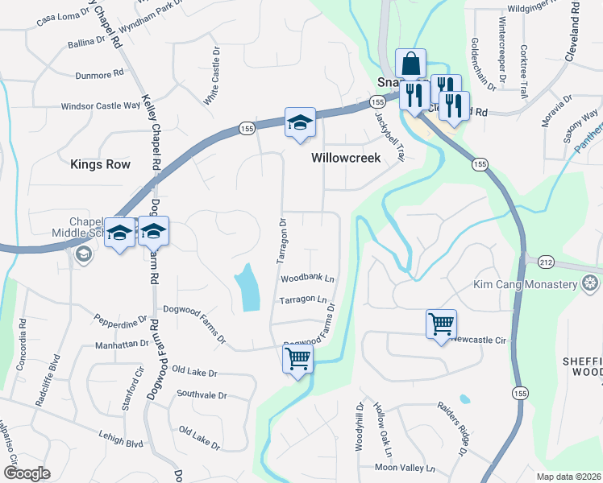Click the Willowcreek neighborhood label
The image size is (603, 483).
pyautogui.click(x=346, y=159)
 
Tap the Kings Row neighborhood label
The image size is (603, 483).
pyautogui.click(x=100, y=164)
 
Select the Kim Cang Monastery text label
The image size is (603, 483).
pyautogui.click(x=526, y=285)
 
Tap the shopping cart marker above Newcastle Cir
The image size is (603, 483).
pyautogui.click(x=441, y=324)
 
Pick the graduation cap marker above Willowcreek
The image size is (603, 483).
pyautogui.click(x=299, y=123)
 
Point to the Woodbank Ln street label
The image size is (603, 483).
pyautogui.click(x=307, y=278)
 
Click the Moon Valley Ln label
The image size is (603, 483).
pyautogui.click(x=405, y=468)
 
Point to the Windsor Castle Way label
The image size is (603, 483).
pyautogui.click(x=101, y=105)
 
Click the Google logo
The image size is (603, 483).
pyautogui.click(x=27, y=473)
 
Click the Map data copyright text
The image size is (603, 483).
pyautogui.click(x=569, y=477)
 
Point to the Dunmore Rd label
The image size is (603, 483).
pyautogui.click(x=98, y=72)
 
